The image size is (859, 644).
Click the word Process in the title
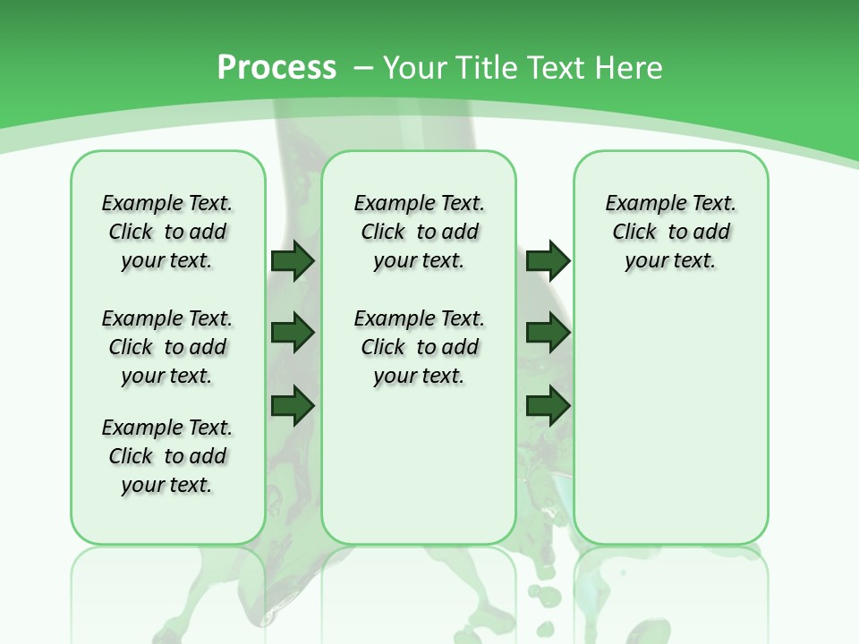[276, 67]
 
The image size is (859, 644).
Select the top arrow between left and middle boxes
[293, 261]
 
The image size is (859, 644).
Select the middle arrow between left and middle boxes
[293, 333]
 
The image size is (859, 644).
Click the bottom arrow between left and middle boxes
[293, 404]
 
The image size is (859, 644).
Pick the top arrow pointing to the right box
[548, 261]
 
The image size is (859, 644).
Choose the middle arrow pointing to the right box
[548, 333]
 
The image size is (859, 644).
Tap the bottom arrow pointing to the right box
[548, 404]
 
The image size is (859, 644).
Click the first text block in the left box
[167, 232]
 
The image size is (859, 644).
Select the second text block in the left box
[167, 347]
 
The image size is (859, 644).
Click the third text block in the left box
[167, 456]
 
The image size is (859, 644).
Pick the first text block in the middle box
[419, 232]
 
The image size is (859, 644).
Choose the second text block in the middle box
[419, 347]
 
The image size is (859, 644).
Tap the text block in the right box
[671, 232]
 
